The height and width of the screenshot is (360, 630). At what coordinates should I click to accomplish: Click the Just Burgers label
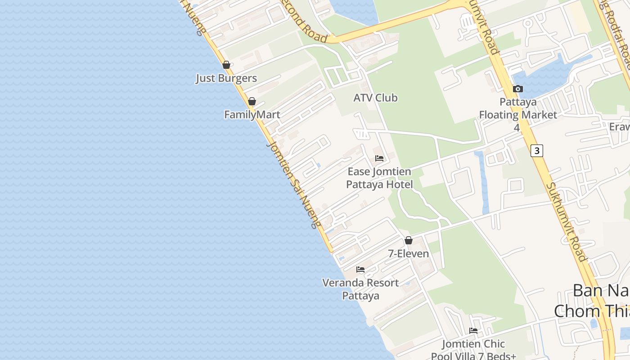click(226, 78)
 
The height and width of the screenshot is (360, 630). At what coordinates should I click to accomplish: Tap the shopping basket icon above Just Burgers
click(226, 65)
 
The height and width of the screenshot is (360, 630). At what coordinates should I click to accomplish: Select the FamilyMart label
click(252, 115)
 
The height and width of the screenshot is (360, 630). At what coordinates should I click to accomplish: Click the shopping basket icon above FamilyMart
click(252, 101)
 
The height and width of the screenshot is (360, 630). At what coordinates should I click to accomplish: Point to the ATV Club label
click(375, 98)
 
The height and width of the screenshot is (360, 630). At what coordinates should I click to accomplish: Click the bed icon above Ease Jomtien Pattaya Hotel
click(379, 158)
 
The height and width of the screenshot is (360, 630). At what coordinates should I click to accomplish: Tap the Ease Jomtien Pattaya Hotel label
click(379, 178)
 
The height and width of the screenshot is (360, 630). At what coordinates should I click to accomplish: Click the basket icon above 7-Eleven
click(409, 240)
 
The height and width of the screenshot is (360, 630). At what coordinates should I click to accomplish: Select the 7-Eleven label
click(409, 254)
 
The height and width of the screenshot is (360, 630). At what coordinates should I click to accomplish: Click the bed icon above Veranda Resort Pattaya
click(360, 270)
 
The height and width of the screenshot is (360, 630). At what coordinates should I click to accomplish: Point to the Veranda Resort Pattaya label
click(360, 289)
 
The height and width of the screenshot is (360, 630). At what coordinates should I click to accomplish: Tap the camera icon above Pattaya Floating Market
click(517, 89)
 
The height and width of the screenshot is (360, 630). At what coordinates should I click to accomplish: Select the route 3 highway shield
click(536, 150)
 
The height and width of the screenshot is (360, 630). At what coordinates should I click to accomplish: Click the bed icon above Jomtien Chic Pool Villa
click(473, 331)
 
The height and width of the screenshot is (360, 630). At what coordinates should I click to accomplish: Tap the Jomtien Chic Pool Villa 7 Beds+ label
click(473, 350)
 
